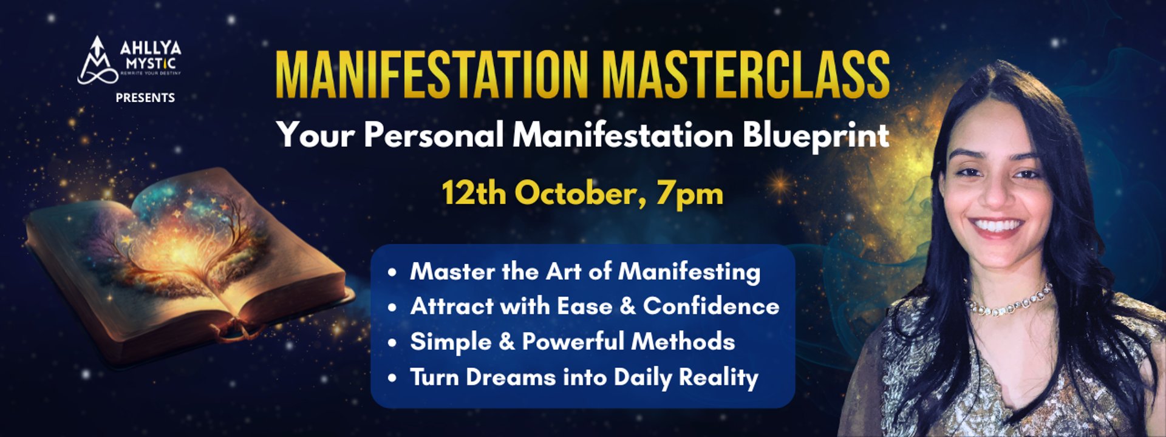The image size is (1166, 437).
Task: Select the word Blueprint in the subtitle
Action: click(x=816, y=135)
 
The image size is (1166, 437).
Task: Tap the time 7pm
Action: click(x=690, y=194)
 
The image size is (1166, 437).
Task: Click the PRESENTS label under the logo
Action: click(x=145, y=98)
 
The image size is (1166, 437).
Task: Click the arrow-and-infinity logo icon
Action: click(x=97, y=61)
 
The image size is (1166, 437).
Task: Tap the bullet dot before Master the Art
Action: click(x=393, y=273)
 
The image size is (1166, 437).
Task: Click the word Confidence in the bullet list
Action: click(x=711, y=306)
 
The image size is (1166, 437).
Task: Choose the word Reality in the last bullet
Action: click(x=718, y=378)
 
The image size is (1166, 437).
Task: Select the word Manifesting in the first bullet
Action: click(x=689, y=272)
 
